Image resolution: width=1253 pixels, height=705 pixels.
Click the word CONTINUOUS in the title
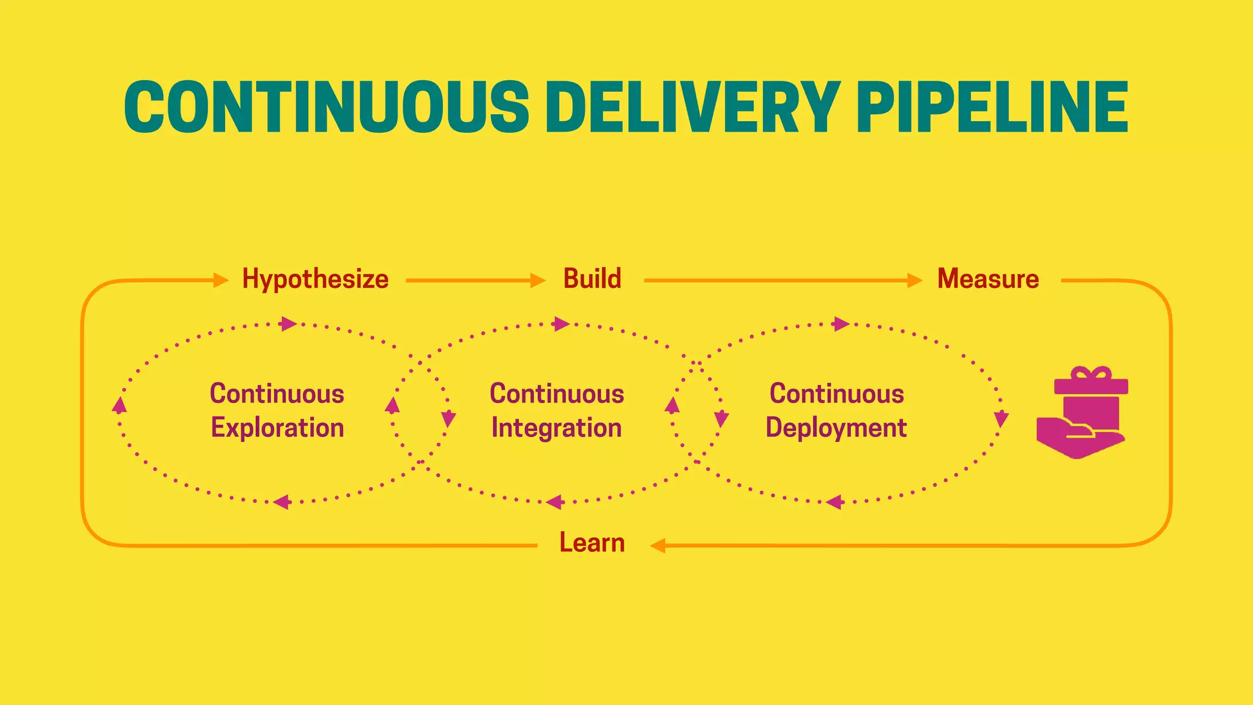tap(326, 107)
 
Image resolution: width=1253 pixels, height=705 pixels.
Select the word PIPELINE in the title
tap(992, 107)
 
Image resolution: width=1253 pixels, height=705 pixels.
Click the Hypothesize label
tap(315, 279)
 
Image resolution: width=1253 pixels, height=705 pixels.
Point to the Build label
tap(592, 279)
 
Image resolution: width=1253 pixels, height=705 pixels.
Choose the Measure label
tap(988, 279)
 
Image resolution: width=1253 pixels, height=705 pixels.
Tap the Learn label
tap(592, 543)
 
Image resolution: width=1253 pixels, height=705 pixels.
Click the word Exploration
tap(277, 428)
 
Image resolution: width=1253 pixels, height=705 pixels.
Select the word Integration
tap(556, 428)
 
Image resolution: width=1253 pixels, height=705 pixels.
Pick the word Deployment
tap(836, 428)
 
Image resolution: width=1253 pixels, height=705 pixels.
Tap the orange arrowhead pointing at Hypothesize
tap(221, 280)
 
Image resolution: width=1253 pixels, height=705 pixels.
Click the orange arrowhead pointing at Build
tap(538, 280)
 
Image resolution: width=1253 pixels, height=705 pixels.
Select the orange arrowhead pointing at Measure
tap(915, 280)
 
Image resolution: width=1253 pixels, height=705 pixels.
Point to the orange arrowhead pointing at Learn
tap(658, 545)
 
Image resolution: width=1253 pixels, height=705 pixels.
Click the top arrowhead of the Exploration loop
tap(288, 324)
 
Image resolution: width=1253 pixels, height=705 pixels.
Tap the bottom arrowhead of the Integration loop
tap(555, 502)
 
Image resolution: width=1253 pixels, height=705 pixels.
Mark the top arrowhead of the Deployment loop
tap(842, 324)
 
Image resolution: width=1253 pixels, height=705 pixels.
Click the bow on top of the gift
tap(1091, 373)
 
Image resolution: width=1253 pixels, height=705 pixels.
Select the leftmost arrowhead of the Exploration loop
tap(120, 405)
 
